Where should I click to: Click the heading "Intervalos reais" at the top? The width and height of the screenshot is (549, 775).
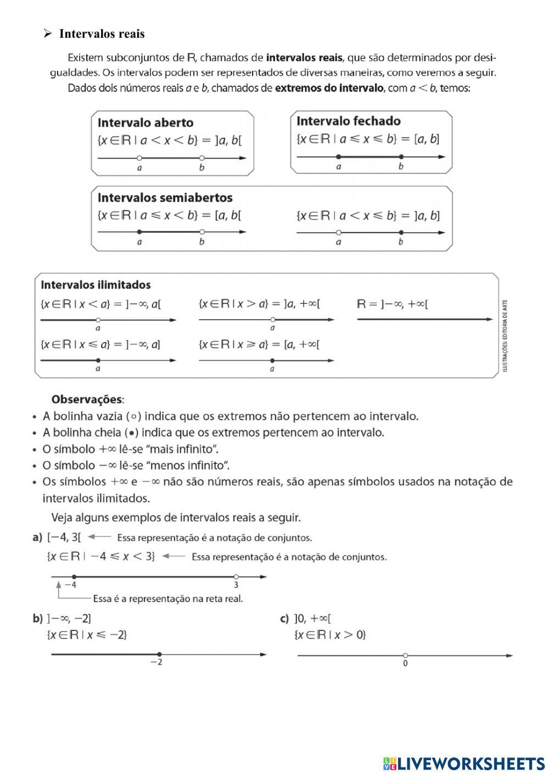102,34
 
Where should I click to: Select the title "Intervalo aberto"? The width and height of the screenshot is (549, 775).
145,122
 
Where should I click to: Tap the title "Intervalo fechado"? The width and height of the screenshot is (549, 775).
349,121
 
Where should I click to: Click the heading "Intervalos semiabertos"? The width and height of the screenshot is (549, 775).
165,197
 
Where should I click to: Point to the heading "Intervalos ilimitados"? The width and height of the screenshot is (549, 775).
96,285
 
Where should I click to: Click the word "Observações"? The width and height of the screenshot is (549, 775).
87,399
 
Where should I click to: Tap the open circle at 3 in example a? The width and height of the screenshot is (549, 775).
236,576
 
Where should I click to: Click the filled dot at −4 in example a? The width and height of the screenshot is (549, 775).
74,576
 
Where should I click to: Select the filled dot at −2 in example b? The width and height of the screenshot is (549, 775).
159,654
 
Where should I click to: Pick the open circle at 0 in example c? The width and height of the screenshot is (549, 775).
405,655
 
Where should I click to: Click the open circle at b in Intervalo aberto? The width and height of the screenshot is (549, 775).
202,158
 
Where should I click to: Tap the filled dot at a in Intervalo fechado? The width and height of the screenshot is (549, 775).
338,157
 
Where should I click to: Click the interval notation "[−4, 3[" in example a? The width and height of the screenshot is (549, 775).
64,538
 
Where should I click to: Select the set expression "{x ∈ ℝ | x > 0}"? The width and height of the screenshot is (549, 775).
330,635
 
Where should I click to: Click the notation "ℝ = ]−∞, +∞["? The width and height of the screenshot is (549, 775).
392,303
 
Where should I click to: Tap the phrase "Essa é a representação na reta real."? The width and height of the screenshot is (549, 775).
168,598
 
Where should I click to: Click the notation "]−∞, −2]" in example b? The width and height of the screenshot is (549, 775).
69,618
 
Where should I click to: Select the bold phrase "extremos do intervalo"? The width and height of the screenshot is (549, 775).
329,88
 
